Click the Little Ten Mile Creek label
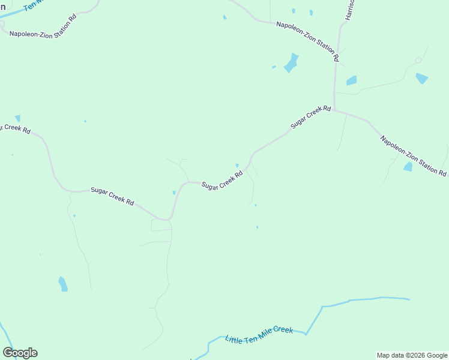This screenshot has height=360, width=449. (259, 335)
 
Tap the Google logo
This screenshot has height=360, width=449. (20, 353)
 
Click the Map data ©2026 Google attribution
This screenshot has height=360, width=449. (412, 355)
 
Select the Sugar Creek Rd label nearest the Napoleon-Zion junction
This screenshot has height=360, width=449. (310, 117)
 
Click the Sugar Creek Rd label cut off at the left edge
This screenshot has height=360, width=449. (15, 128)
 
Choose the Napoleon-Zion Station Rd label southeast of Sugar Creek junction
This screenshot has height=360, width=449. (413, 156)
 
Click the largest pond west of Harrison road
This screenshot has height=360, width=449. (291, 63)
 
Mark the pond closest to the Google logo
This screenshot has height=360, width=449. (62, 283)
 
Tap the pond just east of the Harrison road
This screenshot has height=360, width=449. (351, 80)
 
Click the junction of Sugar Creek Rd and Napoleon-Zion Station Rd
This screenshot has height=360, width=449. (334, 110)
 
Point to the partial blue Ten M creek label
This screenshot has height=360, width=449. (34, 5)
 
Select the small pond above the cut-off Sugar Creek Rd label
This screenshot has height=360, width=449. (17, 118)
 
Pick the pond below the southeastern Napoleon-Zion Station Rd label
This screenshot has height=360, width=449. (408, 166)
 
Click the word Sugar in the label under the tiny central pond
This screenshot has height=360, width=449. (209, 186)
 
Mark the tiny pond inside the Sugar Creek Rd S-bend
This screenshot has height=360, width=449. (174, 193)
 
